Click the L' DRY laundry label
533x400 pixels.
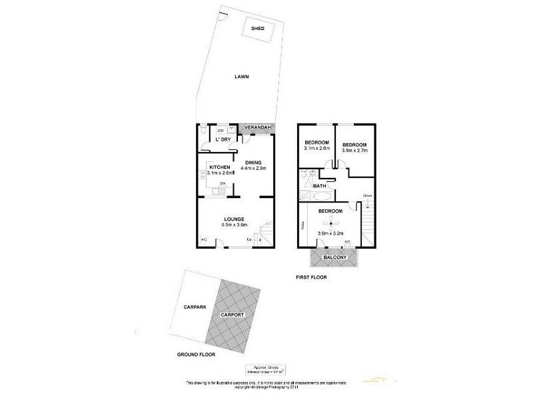click(222, 139)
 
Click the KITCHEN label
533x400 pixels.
click(220, 167)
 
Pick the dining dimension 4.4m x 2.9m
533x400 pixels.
click(253, 169)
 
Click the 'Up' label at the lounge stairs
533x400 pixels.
click(250, 239)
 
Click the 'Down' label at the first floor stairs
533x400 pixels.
click(367, 195)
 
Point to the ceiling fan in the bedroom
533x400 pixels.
click(331, 223)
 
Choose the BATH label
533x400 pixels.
click(320, 186)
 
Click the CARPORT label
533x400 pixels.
click(234, 314)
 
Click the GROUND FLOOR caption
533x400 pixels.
click(197, 354)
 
